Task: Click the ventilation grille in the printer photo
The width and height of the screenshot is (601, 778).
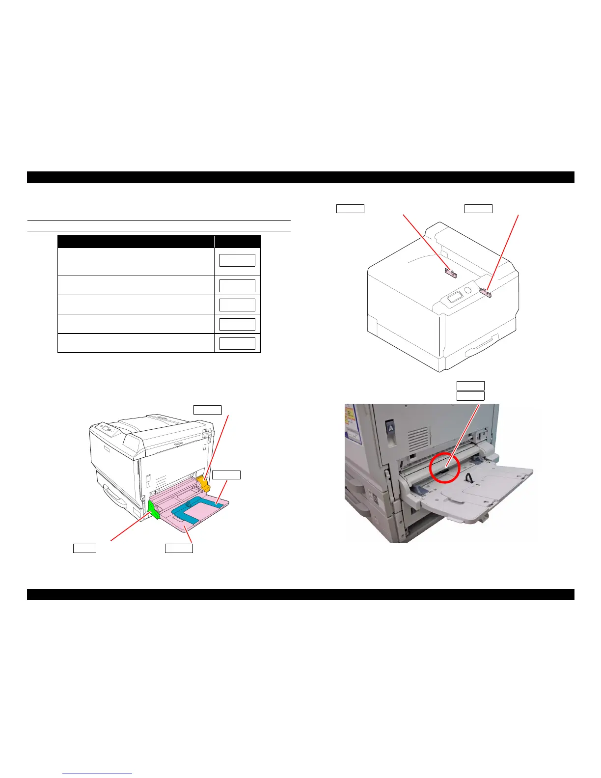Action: (x=418, y=438)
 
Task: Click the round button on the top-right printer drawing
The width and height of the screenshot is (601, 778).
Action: (x=467, y=290)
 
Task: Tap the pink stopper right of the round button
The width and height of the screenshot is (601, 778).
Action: (x=486, y=293)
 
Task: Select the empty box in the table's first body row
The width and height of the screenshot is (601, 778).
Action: (x=237, y=260)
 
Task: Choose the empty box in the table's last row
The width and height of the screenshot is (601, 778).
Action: (x=237, y=343)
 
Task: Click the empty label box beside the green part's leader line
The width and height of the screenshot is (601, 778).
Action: (x=84, y=548)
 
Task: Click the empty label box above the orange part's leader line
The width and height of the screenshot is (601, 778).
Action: (x=208, y=410)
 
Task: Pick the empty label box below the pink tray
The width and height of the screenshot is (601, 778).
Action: (x=179, y=548)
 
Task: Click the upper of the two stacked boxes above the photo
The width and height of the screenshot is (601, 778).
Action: (x=470, y=386)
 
